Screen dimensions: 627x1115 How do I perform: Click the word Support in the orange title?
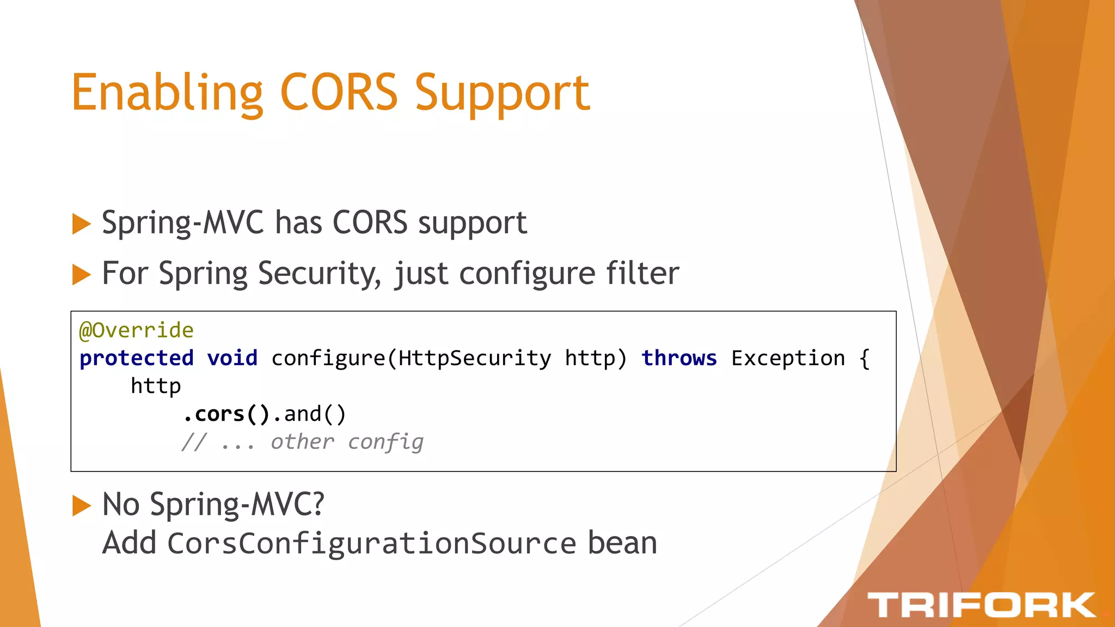coord(502,94)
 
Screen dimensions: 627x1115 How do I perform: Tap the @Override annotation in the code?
coord(136,330)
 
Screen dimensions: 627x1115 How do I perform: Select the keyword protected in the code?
coord(137,359)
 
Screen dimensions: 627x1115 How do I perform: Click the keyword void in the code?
coord(232,358)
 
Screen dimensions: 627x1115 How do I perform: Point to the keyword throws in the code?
coord(679,358)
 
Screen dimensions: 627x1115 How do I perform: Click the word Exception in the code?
coord(788,358)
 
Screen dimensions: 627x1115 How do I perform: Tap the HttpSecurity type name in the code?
coord(474,358)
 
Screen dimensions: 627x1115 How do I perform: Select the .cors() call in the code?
coord(226,414)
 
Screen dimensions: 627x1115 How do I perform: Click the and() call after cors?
coord(315,414)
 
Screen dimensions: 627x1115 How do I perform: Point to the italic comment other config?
coord(347,442)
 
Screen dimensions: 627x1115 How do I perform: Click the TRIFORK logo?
coord(981,605)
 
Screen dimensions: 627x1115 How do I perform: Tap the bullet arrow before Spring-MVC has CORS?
coord(81,224)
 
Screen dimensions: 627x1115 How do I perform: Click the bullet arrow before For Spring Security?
coord(81,274)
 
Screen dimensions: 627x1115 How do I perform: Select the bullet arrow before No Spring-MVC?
coord(81,506)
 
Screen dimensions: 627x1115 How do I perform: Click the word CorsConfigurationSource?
coord(372,544)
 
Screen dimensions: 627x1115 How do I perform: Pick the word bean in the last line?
coord(622,544)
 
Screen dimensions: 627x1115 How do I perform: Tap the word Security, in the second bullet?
coord(320,273)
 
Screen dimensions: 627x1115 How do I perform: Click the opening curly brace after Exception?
coord(865,358)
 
